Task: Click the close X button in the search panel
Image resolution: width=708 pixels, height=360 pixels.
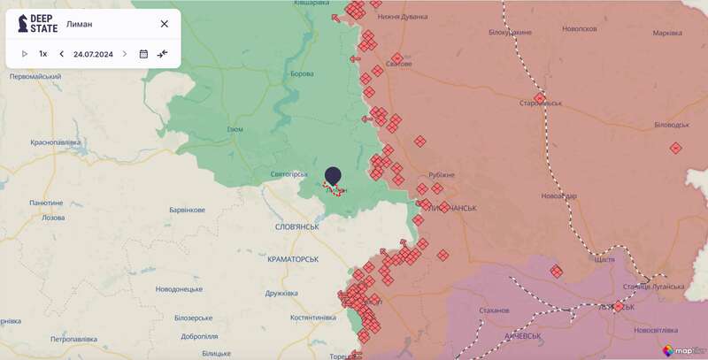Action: tap(164, 24)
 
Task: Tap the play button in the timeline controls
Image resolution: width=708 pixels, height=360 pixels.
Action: tap(25, 54)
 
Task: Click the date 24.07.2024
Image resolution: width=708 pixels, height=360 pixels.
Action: tap(93, 54)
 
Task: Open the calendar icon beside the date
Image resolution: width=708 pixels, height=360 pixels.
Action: tap(143, 54)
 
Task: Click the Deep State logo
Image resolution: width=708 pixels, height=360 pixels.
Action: tap(37, 24)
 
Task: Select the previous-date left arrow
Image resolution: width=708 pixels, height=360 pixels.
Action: tap(61, 54)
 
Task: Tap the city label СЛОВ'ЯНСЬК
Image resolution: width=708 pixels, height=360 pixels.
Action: tap(297, 227)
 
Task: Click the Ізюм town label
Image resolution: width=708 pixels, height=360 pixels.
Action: tap(235, 129)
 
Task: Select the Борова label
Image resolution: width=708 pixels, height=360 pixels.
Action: tap(302, 73)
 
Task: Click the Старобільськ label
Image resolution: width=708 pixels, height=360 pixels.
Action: tap(541, 103)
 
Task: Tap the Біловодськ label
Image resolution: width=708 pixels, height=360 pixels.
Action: tap(672, 125)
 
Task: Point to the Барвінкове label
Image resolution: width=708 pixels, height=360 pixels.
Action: tap(187, 210)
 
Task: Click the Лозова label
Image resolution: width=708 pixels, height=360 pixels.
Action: tap(53, 218)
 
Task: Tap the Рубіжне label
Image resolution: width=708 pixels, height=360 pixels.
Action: tap(441, 174)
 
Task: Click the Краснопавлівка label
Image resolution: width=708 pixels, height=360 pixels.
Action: tap(56, 142)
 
